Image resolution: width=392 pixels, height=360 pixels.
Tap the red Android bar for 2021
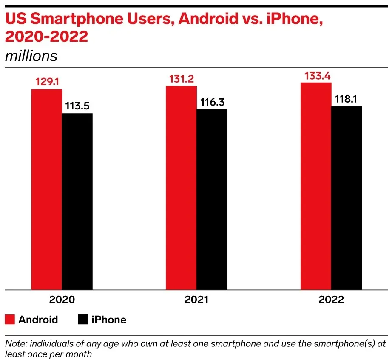[x=181, y=188]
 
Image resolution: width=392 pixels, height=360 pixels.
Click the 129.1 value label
[x=47, y=82]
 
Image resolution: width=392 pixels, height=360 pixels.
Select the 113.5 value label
[x=77, y=106]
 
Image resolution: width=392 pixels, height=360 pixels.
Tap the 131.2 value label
[x=182, y=78]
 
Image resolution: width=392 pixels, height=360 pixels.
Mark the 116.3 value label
[x=212, y=102]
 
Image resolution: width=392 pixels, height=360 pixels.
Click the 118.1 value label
[x=347, y=98]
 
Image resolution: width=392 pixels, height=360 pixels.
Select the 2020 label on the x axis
[x=62, y=300]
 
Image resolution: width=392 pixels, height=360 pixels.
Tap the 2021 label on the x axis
[x=196, y=300]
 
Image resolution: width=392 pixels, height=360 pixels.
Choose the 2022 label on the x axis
[x=331, y=300]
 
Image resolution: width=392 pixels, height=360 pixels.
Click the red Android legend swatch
[x=10, y=320]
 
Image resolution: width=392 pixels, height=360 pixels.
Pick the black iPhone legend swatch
[x=82, y=320]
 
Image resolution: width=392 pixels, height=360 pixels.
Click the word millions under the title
[x=31, y=56]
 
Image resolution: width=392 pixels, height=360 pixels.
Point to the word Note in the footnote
[x=14, y=343]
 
